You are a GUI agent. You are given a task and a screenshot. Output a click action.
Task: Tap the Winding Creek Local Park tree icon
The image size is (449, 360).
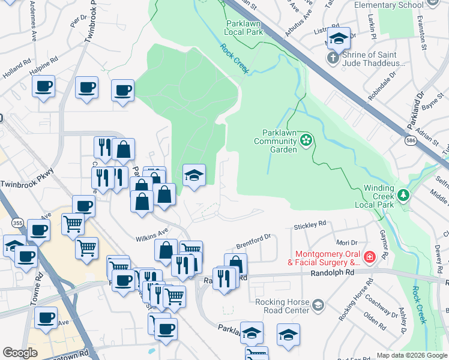(404, 195)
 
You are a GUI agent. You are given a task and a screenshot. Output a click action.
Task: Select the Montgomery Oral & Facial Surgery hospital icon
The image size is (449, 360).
(370, 257)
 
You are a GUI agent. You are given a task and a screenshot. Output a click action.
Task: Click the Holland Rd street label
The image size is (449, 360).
(16, 65)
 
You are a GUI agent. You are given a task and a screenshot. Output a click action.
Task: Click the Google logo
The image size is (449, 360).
(20, 353)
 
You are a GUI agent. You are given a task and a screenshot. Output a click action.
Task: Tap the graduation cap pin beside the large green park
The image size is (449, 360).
(194, 176)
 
